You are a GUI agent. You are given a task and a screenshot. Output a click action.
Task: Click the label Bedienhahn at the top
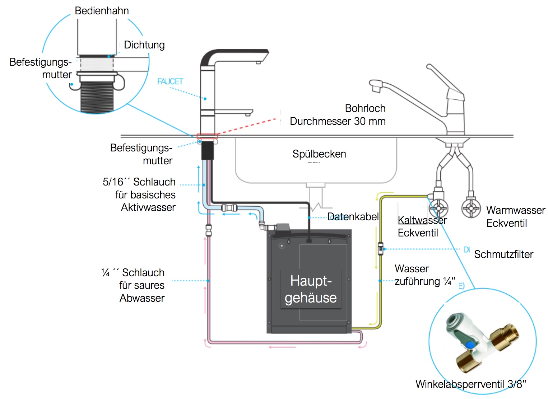point(102,11)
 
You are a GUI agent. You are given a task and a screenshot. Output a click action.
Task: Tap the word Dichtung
point(144,45)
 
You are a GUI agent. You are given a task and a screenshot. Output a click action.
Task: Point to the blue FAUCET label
point(170,81)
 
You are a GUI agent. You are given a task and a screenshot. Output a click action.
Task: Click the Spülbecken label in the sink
point(319,154)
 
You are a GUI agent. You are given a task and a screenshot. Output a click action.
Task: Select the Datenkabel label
point(353,217)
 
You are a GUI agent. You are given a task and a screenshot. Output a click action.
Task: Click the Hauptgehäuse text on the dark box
point(311,289)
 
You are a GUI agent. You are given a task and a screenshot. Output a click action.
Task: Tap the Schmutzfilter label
point(503,254)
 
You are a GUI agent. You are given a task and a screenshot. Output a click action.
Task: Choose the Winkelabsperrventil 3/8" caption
point(470,384)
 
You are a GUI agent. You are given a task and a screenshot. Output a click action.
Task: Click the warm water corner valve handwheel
point(471,208)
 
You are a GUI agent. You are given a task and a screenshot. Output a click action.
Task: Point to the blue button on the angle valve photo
point(469,345)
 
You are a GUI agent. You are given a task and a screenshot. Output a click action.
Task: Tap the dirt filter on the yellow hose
point(381,248)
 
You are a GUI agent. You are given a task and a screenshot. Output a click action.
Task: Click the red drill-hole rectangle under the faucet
point(207,136)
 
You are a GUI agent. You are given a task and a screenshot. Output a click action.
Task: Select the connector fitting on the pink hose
point(208,229)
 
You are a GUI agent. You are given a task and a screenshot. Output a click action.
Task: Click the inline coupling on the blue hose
point(229,208)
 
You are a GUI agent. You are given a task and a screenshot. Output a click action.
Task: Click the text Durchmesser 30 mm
point(338,121)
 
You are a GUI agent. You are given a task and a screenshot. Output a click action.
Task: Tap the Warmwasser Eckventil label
point(515,217)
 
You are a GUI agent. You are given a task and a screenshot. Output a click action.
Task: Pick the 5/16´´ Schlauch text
point(139,182)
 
